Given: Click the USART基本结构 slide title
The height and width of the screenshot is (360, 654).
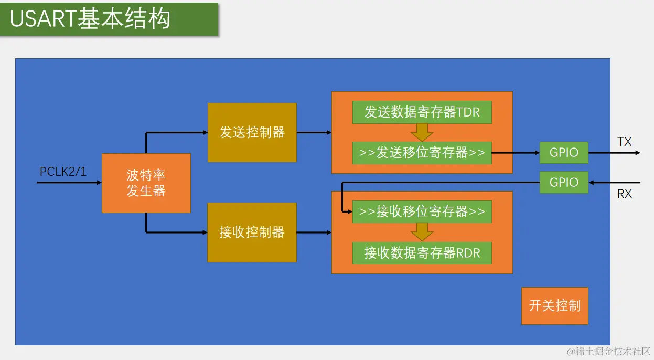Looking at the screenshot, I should [90, 19].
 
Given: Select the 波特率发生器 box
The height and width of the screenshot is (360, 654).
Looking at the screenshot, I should [146, 183].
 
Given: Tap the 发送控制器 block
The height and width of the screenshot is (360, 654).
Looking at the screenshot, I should [252, 132].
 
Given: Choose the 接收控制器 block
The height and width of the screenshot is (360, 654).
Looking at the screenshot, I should [252, 232].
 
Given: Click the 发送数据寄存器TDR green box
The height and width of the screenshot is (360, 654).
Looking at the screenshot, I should [422, 112].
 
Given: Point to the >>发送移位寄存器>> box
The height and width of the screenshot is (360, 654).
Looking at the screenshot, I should [422, 153].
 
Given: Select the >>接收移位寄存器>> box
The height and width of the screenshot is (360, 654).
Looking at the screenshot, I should [422, 211].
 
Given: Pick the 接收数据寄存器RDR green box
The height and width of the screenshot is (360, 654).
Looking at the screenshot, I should [422, 253].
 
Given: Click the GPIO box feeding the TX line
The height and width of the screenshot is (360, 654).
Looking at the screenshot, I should [564, 153].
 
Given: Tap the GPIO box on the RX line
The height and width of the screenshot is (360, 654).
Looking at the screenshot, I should [564, 182].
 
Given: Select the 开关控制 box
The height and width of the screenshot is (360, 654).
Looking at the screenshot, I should [555, 305].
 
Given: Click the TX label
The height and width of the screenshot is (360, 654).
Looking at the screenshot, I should [624, 142].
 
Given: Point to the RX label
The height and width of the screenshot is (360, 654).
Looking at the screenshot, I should [624, 194].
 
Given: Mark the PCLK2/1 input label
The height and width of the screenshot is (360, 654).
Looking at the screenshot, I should [63, 172].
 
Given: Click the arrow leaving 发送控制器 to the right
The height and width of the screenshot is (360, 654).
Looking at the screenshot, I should [314, 132].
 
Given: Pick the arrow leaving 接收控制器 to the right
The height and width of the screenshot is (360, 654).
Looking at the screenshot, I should [314, 232].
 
